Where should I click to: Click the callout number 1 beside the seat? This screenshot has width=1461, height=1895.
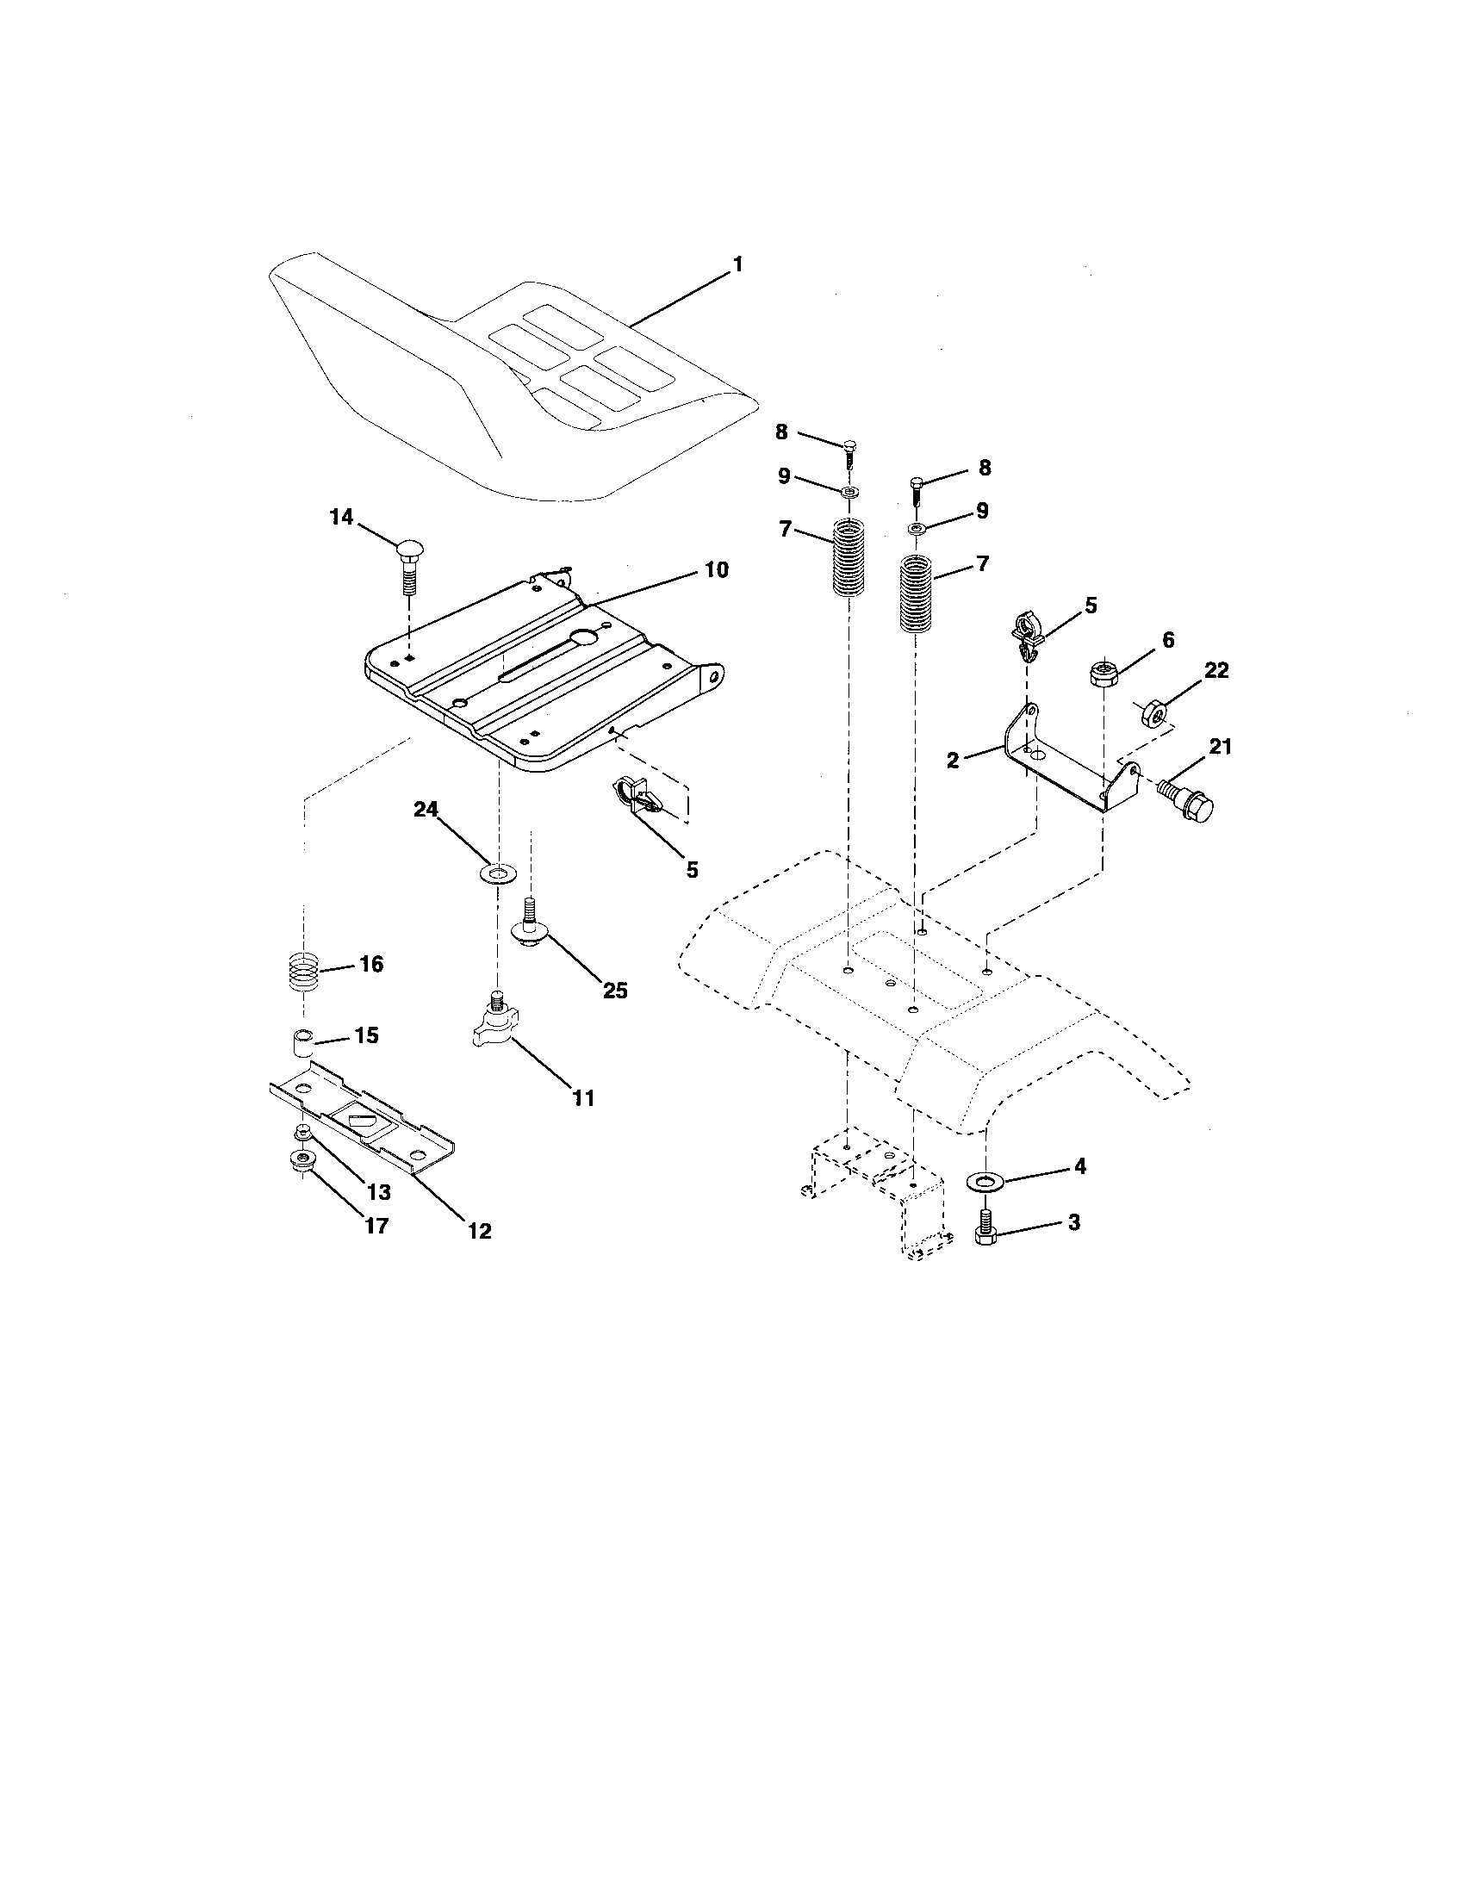coord(737,264)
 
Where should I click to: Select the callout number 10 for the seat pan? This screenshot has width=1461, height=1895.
coord(716,570)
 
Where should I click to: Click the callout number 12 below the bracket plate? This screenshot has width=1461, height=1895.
coord(479,1230)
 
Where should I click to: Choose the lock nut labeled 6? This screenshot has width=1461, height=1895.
coord(1102,674)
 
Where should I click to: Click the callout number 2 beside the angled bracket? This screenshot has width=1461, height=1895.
coord(953,761)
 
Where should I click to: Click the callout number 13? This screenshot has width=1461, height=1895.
coord(379,1191)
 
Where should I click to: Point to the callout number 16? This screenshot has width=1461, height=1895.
coord(371,964)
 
